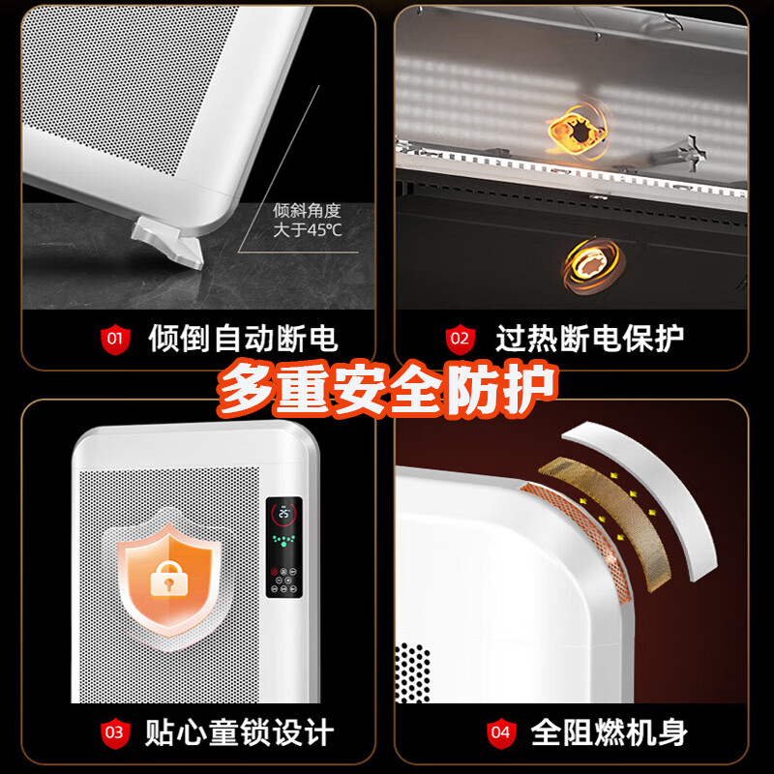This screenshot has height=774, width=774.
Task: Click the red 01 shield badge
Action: click(x=115, y=340)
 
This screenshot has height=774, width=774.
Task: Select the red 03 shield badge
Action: click(x=115, y=732)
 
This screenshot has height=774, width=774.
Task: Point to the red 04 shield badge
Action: click(x=500, y=732)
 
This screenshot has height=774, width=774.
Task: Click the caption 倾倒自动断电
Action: click(x=242, y=340)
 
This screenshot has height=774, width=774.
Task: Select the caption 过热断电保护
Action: click(x=589, y=340)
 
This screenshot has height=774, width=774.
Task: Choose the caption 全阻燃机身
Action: click(x=610, y=732)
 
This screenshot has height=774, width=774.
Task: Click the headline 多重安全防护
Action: click(x=387, y=389)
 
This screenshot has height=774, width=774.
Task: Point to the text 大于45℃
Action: click(x=308, y=229)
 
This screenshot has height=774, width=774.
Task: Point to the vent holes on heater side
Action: click(x=413, y=671)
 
